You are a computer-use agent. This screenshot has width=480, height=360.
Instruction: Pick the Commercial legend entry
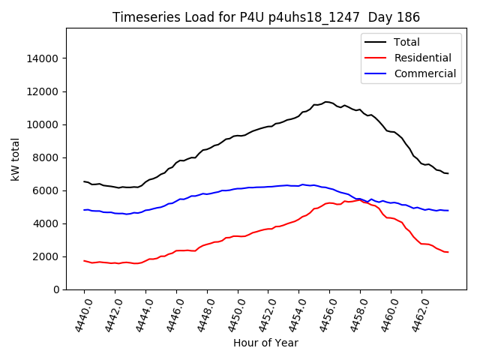click(x=424, y=73)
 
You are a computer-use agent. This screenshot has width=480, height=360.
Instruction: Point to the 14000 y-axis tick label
click(x=43, y=58)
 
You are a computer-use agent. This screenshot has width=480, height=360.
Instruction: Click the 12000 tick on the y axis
click(x=43, y=91)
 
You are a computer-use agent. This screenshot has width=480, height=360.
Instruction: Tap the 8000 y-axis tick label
click(x=46, y=157)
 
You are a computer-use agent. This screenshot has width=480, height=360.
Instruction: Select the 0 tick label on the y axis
click(x=56, y=289)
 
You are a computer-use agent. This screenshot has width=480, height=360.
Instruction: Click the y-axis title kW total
click(x=15, y=159)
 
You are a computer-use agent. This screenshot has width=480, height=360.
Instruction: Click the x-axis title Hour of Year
click(x=265, y=343)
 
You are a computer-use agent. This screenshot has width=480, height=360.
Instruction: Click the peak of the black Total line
click(x=326, y=101)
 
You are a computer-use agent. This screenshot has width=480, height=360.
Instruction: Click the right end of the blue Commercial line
click(x=448, y=211)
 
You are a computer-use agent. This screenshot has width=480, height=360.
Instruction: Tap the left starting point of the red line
click(x=84, y=261)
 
